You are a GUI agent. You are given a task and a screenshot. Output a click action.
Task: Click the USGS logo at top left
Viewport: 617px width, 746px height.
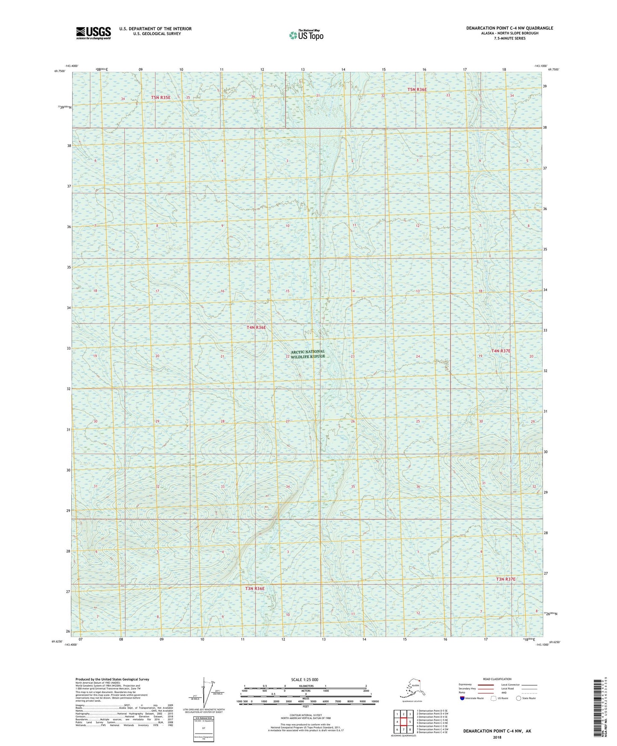click(93, 33)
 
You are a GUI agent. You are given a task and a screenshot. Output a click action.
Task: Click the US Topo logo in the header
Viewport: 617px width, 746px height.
click(306, 35)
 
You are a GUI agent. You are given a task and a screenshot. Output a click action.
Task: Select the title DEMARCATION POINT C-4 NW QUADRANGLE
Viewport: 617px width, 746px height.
click(509, 28)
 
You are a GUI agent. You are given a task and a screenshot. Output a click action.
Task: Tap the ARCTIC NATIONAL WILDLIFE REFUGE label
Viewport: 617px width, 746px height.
click(307, 354)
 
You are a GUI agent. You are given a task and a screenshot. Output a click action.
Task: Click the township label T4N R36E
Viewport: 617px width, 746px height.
click(256, 327)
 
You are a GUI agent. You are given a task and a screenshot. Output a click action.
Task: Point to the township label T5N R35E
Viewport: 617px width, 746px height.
click(161, 97)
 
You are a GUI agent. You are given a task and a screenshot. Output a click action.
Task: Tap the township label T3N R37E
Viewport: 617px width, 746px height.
click(506, 579)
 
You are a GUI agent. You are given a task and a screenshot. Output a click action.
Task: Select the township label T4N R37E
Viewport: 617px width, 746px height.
click(500, 351)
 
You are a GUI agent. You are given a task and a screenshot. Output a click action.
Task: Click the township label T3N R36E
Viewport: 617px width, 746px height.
click(255, 588)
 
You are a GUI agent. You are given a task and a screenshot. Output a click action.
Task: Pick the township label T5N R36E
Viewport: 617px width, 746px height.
click(417, 89)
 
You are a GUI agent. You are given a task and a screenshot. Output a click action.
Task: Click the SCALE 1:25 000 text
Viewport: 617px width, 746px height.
click(304, 679)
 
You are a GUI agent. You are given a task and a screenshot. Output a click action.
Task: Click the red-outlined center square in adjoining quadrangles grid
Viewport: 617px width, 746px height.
click(404, 722)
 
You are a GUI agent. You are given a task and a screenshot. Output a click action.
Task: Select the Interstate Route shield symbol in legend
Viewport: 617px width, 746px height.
click(462, 698)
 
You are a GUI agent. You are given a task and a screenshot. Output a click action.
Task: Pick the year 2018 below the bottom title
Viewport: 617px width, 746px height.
click(497, 737)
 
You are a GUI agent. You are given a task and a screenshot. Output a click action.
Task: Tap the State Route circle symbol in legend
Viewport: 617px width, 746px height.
click(518, 698)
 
